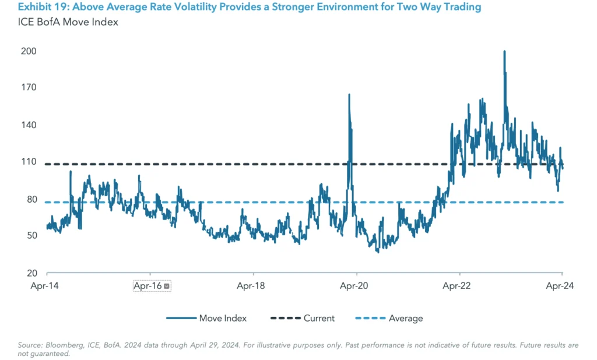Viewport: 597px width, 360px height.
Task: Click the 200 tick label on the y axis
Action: pos(29,51)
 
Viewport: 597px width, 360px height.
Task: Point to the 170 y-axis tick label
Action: pos(29,88)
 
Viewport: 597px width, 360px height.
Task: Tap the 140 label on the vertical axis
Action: pos(29,125)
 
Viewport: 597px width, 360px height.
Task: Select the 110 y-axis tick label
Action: pos(29,162)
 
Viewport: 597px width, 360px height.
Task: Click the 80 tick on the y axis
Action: pos(30,199)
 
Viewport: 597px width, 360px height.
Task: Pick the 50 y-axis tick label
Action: pos(30,236)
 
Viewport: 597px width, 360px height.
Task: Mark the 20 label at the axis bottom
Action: pos(30,273)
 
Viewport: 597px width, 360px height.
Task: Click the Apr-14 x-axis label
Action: pos(46,286)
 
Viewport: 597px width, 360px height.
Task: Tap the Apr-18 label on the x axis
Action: pos(253,286)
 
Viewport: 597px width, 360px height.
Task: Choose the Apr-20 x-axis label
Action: pos(356,286)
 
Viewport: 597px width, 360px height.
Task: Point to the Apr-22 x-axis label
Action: pos(459,286)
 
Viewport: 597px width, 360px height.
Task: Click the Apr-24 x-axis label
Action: pos(562,286)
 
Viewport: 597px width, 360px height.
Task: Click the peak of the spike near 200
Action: pos(504,51)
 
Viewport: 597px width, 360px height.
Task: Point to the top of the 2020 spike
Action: pos(349,94)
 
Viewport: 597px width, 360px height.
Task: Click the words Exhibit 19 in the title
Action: pos(40,8)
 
